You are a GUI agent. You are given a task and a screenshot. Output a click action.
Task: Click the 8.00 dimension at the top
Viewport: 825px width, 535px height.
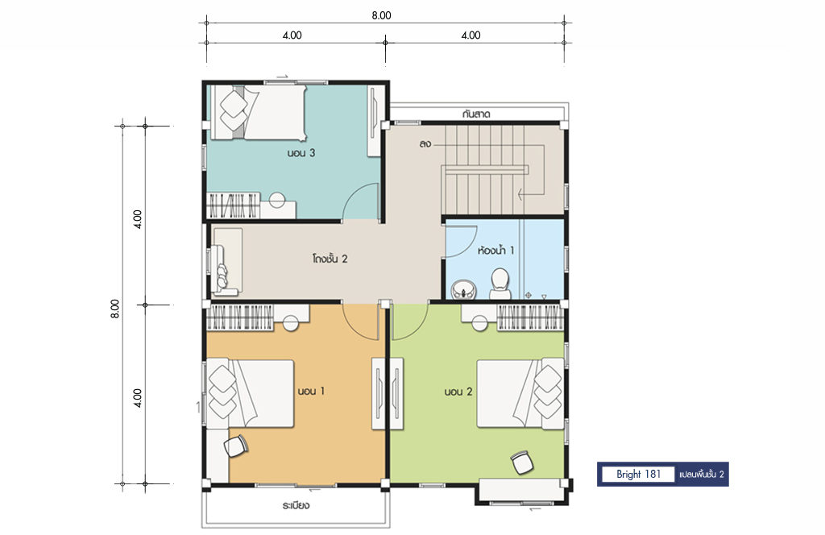[381, 15]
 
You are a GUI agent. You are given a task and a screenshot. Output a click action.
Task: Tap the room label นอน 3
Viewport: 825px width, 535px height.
[301, 153]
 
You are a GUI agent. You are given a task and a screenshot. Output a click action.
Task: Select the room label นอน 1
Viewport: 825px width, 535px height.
[311, 392]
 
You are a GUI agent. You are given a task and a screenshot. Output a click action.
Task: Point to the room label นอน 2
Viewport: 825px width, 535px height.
[458, 392]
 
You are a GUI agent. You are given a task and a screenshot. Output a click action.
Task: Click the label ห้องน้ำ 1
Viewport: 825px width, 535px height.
[495, 251]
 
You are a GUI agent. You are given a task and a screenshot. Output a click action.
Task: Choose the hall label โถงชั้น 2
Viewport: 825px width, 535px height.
[330, 259]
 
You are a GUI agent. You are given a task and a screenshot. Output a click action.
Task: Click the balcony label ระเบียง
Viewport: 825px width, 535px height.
[296, 506]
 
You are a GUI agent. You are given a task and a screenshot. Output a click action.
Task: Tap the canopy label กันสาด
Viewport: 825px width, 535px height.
[477, 114]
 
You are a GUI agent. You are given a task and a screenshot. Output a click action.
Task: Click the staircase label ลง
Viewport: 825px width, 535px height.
[425, 143]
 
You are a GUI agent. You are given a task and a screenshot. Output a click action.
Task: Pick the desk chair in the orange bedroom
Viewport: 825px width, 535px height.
[236, 446]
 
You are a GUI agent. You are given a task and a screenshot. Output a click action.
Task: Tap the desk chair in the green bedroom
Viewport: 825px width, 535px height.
[522, 462]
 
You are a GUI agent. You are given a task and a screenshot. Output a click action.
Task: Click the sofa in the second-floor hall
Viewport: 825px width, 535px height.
[226, 261]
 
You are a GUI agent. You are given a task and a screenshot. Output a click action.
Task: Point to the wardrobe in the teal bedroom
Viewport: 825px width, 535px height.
[233, 205]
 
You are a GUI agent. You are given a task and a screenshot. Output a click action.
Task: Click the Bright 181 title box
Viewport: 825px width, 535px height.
[638, 475]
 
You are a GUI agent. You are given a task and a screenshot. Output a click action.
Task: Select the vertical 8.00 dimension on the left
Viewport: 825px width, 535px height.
[115, 309]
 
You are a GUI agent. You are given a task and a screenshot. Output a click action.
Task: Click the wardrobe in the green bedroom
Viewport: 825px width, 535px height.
[530, 317]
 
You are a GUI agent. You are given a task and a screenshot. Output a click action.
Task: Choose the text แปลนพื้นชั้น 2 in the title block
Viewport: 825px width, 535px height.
[702, 475]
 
